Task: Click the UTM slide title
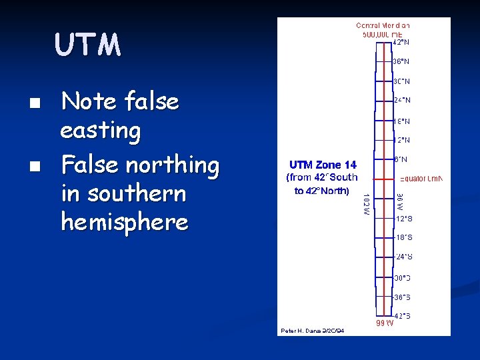(88, 45)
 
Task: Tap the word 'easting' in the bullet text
(101, 131)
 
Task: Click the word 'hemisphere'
(124, 222)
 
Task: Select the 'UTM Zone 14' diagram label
(323, 165)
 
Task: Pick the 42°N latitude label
(401, 42)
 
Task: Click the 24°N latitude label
(401, 100)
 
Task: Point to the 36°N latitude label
(401, 61)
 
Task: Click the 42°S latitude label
(401, 316)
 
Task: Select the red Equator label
(421, 179)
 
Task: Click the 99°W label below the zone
(385, 323)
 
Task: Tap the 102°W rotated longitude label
(366, 204)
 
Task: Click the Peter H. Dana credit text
(312, 330)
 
